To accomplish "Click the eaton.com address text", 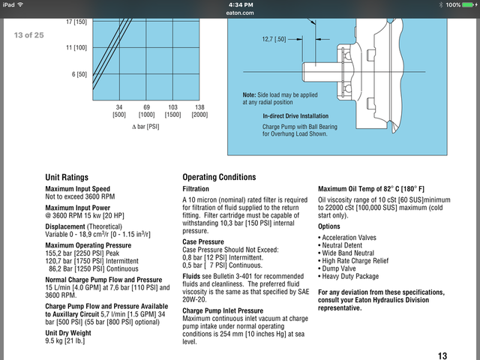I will click(240, 13).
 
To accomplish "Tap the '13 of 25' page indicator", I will click(29, 35).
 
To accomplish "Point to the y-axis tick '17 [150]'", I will click(76, 21).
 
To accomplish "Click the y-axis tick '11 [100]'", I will click(76, 47).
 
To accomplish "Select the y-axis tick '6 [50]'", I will click(79, 74).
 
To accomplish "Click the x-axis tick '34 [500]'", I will click(119, 111).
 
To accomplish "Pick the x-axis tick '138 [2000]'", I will click(200, 111).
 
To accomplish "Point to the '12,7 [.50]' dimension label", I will click(274, 37).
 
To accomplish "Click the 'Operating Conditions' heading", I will click(219, 177).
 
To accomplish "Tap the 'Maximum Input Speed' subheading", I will click(78, 188).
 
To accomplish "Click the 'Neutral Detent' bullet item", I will click(344, 246).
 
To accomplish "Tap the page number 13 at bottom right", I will click(442, 355).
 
